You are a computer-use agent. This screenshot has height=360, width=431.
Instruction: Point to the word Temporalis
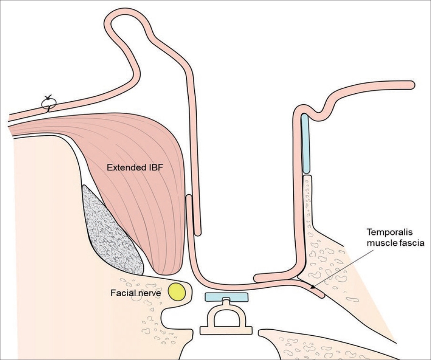tap(384, 232)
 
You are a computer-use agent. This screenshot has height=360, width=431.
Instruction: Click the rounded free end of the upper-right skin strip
tap(410, 84)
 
